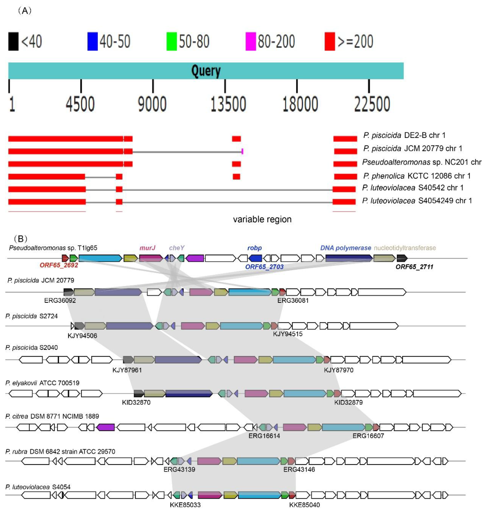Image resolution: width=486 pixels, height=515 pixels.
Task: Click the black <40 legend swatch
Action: pos(13,41)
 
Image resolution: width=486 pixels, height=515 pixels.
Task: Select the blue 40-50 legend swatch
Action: pos(93,41)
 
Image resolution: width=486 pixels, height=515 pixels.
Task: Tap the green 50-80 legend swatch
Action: pos(172,41)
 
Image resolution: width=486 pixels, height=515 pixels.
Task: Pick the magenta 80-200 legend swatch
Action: pos(251,41)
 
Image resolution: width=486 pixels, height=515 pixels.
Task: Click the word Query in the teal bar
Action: pos(206,71)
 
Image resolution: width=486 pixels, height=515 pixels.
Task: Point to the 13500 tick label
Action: pos(228,104)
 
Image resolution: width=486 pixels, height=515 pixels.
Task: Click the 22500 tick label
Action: pos(372,104)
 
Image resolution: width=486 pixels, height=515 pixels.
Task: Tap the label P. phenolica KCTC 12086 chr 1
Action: pos(417,176)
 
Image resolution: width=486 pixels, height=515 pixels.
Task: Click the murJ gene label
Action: pos(147,248)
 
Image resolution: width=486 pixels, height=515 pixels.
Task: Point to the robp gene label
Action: pos(254,248)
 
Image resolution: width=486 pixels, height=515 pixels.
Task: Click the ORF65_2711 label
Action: pos(414,267)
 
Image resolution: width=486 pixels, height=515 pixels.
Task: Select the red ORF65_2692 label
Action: pos(59,265)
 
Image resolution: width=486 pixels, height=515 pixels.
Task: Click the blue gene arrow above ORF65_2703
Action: pos(255,258)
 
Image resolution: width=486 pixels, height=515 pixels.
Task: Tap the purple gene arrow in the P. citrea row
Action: pos(105,427)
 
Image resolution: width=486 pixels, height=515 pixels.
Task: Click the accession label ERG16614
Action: pos(264,436)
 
